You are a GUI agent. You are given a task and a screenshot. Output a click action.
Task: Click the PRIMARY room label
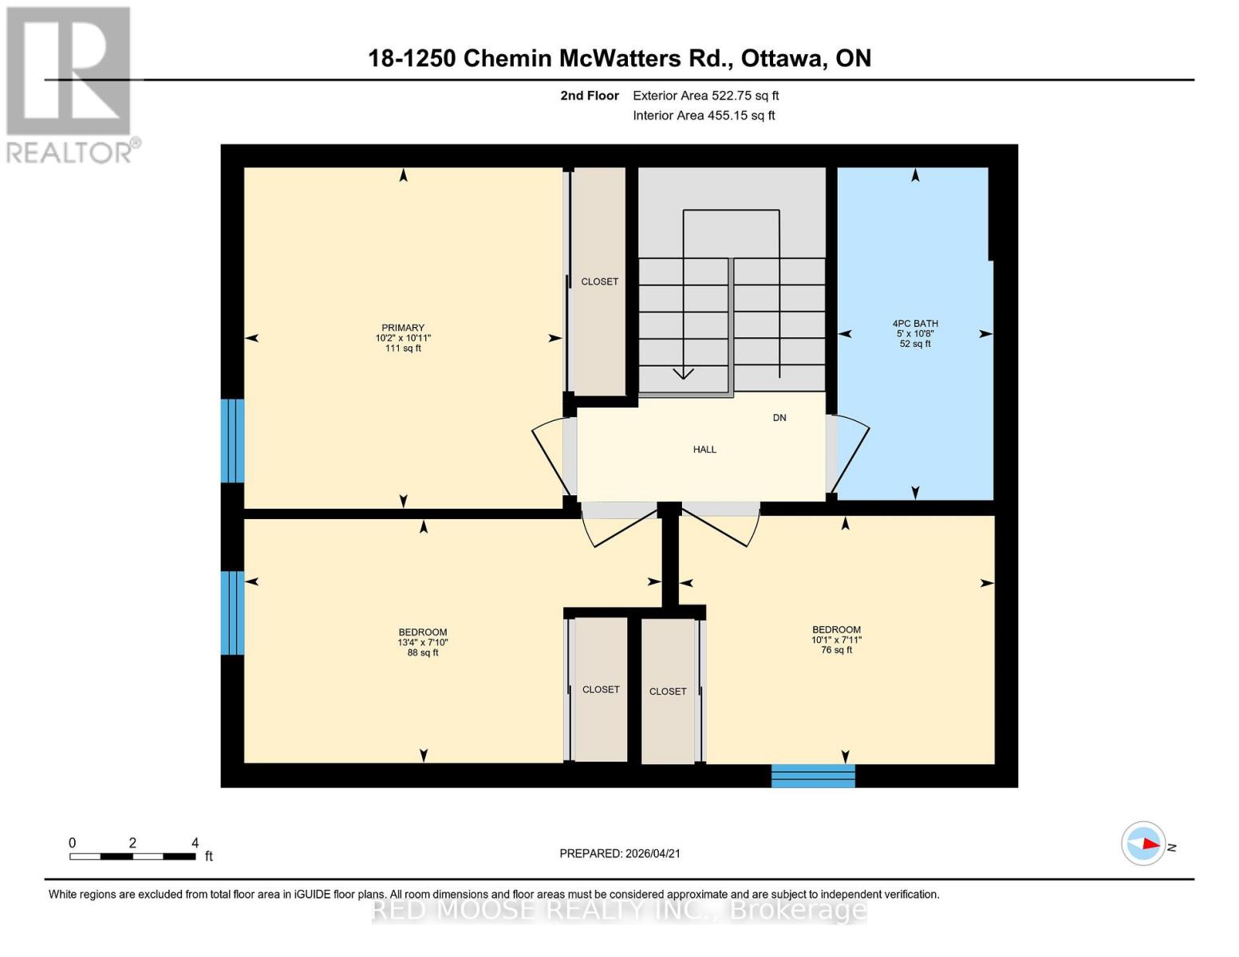coord(403,328)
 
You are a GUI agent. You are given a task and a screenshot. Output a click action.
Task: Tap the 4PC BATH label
coord(915,324)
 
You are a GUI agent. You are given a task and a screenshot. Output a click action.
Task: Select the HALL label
coord(704,450)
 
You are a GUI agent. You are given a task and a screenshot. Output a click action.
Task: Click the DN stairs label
coord(779,418)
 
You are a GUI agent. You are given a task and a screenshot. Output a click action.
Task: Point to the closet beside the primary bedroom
coord(600,282)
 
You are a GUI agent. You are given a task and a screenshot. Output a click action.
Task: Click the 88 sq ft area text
coord(423,653)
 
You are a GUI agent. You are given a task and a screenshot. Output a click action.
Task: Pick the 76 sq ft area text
coord(836,650)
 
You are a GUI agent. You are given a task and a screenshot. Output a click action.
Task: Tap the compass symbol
coord(1143,844)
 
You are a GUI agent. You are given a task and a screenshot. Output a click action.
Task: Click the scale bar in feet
coord(132,857)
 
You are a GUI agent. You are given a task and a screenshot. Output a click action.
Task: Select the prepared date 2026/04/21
coord(620,853)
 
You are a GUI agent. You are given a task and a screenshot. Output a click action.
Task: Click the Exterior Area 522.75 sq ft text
coord(705,96)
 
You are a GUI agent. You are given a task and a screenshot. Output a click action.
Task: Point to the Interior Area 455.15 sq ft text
coord(704,116)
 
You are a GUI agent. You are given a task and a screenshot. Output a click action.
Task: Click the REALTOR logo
coord(69,84)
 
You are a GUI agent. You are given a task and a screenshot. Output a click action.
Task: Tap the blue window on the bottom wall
coord(813,776)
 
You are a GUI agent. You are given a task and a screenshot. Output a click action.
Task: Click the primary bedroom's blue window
coord(232,441)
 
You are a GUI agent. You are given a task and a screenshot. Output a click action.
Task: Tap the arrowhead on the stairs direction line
coord(684,373)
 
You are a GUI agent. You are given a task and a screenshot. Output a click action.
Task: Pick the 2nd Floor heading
coord(590,96)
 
